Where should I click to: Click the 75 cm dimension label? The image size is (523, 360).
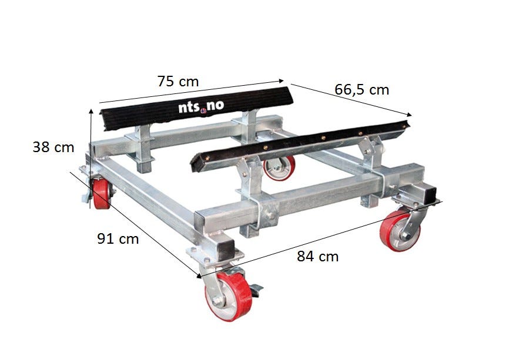click(178, 81)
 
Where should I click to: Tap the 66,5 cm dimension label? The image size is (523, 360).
click(362, 90)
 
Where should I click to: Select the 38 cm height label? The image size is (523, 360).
click(53, 147)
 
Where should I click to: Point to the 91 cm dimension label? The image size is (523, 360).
click(118, 238)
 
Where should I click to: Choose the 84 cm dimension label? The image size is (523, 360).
click(318, 256)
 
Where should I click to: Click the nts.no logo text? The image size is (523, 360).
click(201, 106)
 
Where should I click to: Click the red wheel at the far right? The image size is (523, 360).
click(400, 230)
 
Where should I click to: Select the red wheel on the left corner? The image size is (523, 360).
click(101, 194)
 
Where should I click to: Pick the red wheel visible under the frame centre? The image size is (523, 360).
click(280, 169)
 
